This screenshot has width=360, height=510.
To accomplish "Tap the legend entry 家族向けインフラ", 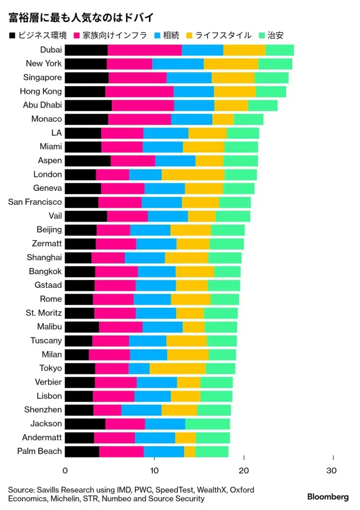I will tap(108, 35).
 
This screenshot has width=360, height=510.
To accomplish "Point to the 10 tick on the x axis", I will tap(154, 471).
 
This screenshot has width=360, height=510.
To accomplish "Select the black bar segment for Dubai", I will tap(86, 50).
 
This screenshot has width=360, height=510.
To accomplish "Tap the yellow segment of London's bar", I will tap(193, 174).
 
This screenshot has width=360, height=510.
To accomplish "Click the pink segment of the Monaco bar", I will tap(139, 119).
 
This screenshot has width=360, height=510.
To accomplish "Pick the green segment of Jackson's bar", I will tap(208, 423).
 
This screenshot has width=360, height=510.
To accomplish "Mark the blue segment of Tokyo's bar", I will tap(139, 368).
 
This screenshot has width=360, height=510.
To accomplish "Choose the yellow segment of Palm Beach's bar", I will tap(189, 451).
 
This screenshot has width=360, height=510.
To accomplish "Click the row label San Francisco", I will tap(35, 202).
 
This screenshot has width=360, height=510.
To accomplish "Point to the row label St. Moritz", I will tap(44, 313).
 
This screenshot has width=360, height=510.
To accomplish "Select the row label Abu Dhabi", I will tap(42, 105).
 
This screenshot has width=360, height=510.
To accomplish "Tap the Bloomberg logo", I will tap(328, 497).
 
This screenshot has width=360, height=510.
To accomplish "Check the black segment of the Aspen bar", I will tap(88, 160).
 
